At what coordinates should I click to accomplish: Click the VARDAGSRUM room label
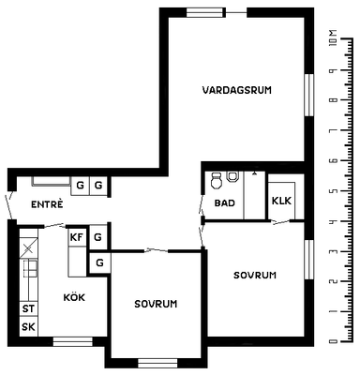[237, 90]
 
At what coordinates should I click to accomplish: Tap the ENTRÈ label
[47, 204]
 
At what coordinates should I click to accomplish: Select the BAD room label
[225, 203]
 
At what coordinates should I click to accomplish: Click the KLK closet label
[281, 201]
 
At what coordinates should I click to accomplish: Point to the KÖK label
[74, 297]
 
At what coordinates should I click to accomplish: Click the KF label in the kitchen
[77, 237]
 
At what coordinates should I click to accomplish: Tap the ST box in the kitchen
[28, 309]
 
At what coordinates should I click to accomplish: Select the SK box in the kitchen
[28, 327]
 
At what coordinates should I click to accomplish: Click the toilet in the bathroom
[217, 181]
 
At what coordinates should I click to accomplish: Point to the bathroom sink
[232, 176]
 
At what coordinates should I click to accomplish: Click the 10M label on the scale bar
[334, 38]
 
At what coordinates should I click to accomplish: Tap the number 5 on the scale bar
[334, 191]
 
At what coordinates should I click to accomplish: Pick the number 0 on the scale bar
[334, 341]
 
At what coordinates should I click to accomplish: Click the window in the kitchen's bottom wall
[73, 341]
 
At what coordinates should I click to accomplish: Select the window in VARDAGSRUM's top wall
[206, 12]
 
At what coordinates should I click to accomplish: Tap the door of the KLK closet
[280, 222]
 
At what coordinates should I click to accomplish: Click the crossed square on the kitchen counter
[28, 248]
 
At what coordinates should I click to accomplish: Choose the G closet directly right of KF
[98, 237]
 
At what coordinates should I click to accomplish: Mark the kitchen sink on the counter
[31, 268]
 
